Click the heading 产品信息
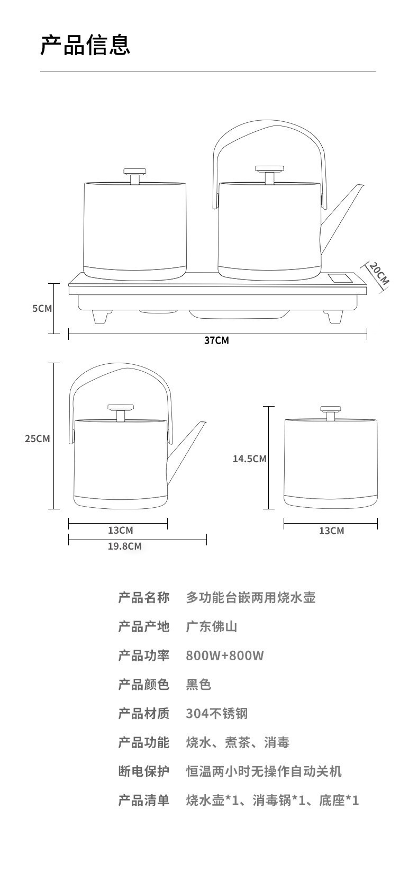(85, 44)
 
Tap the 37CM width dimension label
(217, 340)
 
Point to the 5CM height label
(42, 308)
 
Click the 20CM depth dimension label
(378, 273)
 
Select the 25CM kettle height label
(38, 438)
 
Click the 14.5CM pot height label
(249, 459)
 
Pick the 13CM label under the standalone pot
(331, 531)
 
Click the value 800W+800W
(224, 655)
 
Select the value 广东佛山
(211, 627)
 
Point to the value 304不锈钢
(216, 714)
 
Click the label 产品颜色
(143, 685)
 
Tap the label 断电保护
(143, 771)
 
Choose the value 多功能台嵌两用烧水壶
(250, 598)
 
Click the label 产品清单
(143, 800)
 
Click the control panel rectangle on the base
(339, 278)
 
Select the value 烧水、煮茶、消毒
(238, 742)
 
